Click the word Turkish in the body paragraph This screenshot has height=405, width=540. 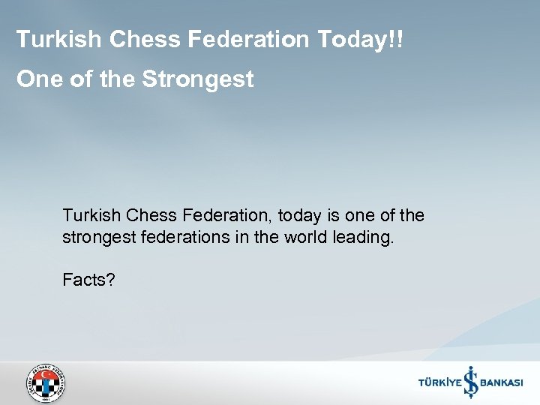(91, 216)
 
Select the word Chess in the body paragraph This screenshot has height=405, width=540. (151, 216)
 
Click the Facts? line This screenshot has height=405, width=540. (88, 280)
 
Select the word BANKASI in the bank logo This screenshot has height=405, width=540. (501, 383)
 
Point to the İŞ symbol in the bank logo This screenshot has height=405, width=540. (470, 382)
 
